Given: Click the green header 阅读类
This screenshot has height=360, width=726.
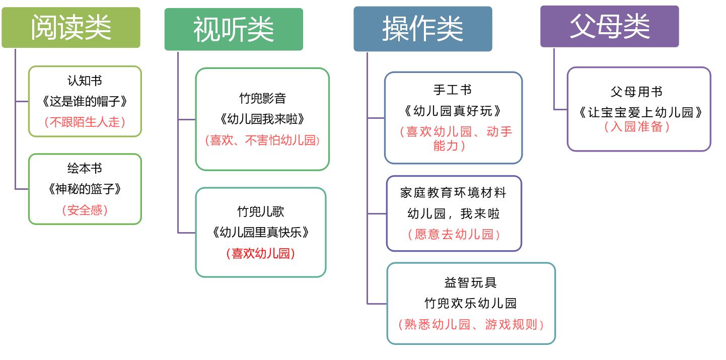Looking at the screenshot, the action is coord(71,28).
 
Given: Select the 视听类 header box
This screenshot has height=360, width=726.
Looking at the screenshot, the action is coord(234,29).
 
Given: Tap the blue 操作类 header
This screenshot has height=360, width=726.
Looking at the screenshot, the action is coord(422,29).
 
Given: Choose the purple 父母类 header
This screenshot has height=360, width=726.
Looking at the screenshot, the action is coord(609,26).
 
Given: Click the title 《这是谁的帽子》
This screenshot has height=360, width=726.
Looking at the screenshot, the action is coord(85,101).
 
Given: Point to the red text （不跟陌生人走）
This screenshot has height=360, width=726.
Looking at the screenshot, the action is coord(85,122).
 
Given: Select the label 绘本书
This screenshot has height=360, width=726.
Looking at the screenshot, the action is coord(85,168).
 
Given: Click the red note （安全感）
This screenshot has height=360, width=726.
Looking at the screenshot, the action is coord(85,210).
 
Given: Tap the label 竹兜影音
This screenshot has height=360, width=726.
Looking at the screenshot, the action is coord(262,98).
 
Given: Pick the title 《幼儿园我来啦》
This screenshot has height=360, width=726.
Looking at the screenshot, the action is coord(262,119).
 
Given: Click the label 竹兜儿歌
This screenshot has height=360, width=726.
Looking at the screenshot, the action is coord(261,211).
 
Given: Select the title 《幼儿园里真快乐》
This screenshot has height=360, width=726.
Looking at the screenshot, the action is coord(261,232).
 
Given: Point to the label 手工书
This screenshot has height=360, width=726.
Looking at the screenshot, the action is coord(453,90).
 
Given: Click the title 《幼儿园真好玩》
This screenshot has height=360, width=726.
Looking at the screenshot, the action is coord(453,111).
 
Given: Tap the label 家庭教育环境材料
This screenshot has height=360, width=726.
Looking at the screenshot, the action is coord(453,192).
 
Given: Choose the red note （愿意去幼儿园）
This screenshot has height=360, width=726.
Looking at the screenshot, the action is coord(454,234).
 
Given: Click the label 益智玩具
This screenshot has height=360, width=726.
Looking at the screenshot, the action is coord(471,282).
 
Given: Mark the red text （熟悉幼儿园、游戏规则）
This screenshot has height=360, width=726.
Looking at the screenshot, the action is coord(471,324).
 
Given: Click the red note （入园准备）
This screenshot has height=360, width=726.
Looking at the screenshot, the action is coord(637,126).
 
